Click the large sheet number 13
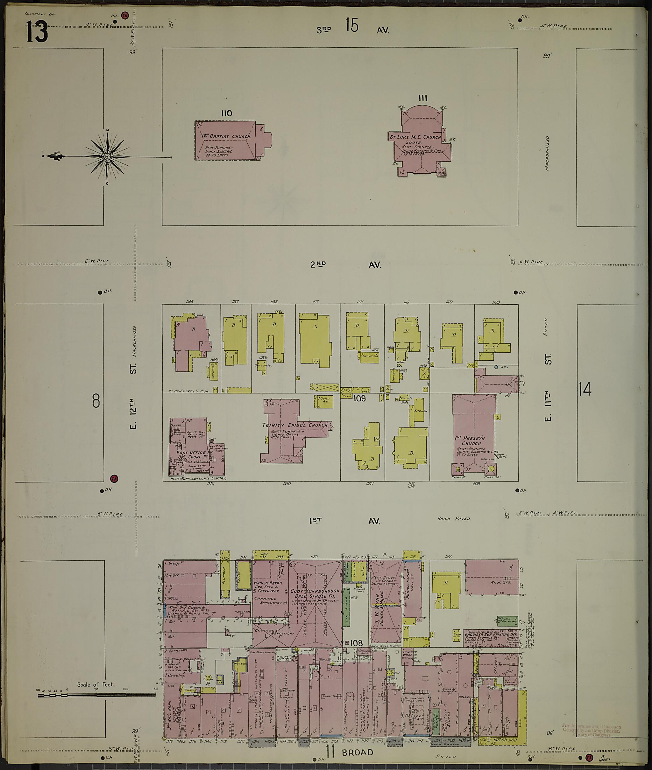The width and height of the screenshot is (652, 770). (37, 31)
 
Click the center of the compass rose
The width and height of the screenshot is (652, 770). (107, 156)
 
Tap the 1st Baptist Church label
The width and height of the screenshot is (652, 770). (225, 136)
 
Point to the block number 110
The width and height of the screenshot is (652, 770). (227, 113)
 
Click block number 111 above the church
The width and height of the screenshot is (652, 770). (423, 98)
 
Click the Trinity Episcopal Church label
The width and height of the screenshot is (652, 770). (295, 425)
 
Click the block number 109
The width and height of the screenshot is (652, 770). (359, 399)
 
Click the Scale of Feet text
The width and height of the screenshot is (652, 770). (96, 684)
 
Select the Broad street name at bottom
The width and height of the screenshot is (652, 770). (357, 752)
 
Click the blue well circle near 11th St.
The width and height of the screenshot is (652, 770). (496, 367)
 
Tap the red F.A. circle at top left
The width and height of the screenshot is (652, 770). (125, 16)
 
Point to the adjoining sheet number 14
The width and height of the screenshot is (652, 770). (585, 389)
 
